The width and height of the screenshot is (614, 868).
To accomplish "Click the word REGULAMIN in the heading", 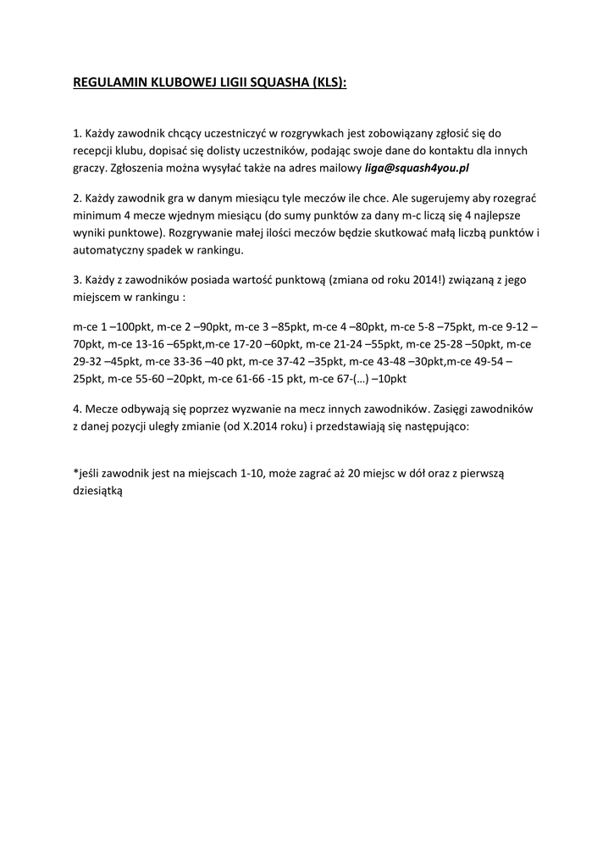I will [x=109, y=84].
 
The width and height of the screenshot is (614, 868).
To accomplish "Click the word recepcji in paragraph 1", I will [x=95, y=151].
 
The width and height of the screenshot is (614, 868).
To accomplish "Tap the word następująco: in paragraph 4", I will [x=444, y=427].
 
